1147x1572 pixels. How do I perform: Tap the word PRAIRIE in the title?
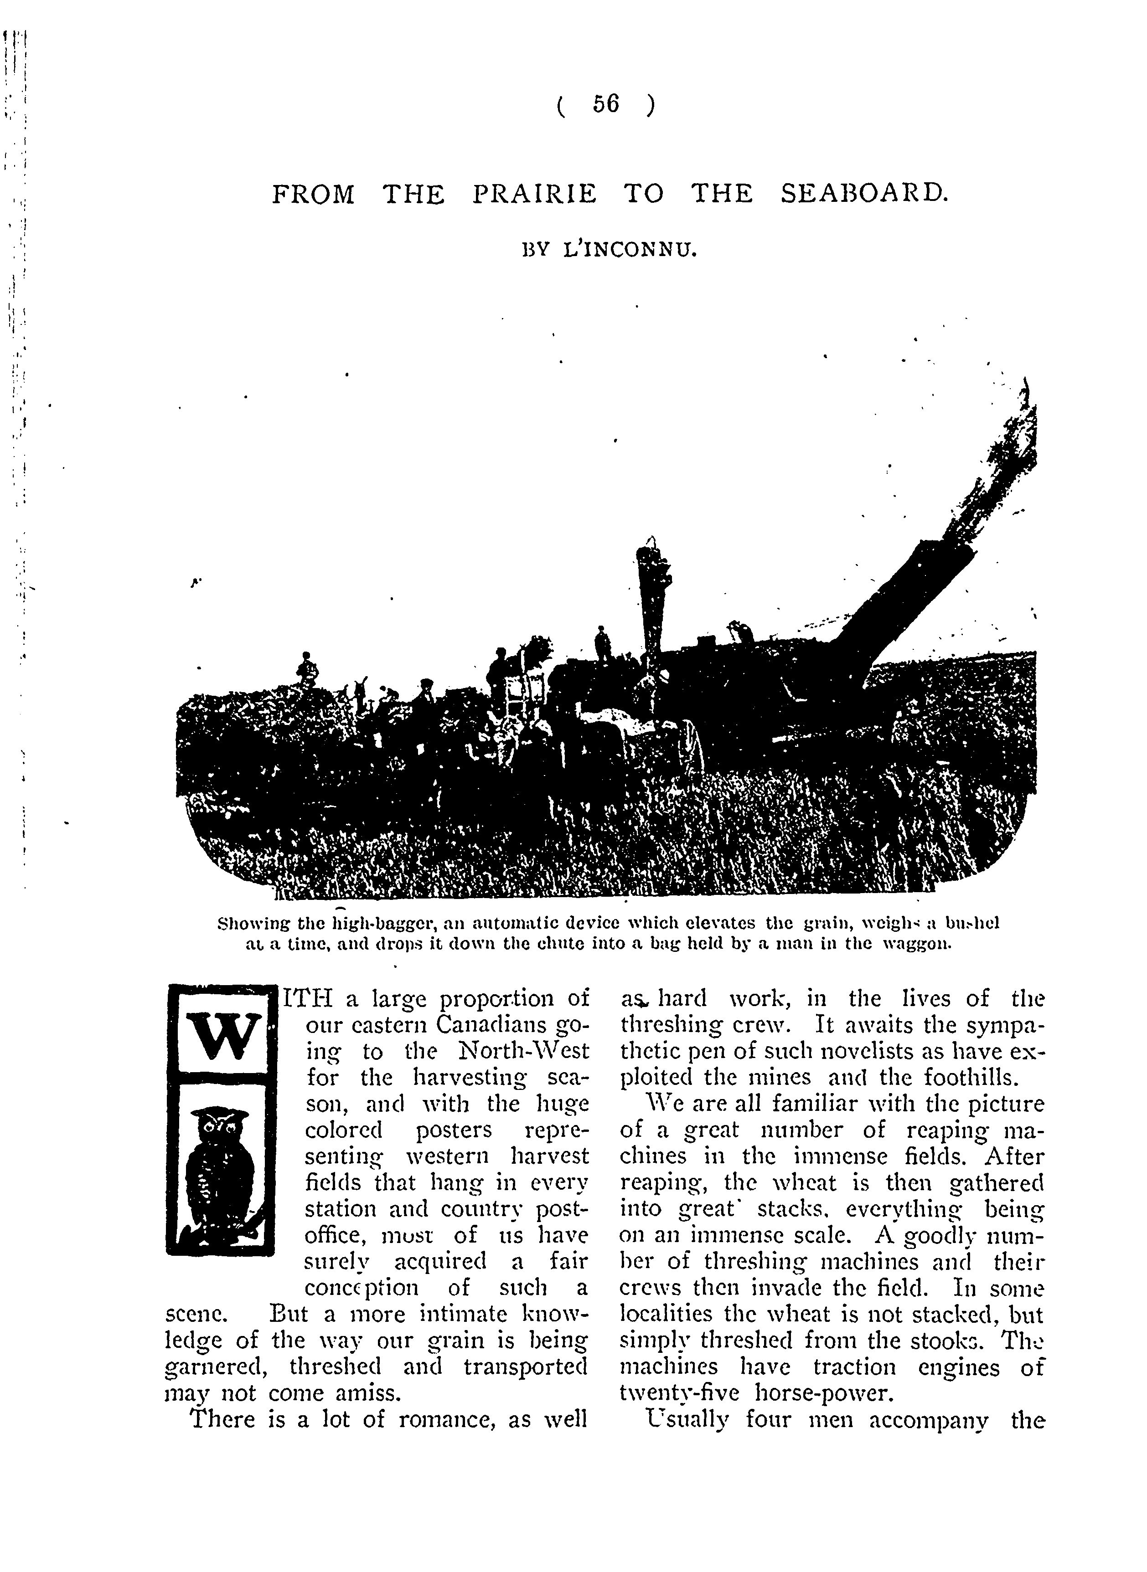pos(534,194)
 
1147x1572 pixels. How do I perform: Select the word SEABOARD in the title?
pos(864,194)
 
